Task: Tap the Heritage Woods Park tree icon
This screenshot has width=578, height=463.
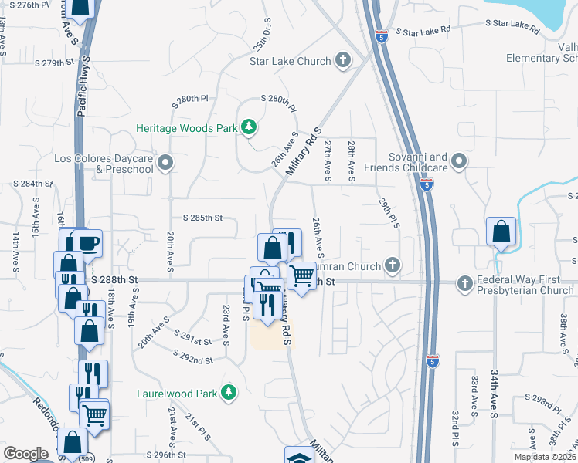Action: pos(249,127)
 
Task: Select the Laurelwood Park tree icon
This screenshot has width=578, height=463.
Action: pos(229,393)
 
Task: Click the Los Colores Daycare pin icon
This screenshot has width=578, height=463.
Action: pos(165,163)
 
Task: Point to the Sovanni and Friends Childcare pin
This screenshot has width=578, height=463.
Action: pos(459,161)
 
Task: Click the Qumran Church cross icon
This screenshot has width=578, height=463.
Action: pos(393,265)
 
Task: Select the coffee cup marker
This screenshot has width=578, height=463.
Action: pos(87,244)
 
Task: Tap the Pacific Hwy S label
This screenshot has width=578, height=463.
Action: pos(83,86)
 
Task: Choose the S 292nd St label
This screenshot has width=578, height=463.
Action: pos(192,360)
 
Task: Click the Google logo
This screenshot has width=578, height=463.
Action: pos(25,454)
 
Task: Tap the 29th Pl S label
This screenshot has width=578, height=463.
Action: pos(384,212)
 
